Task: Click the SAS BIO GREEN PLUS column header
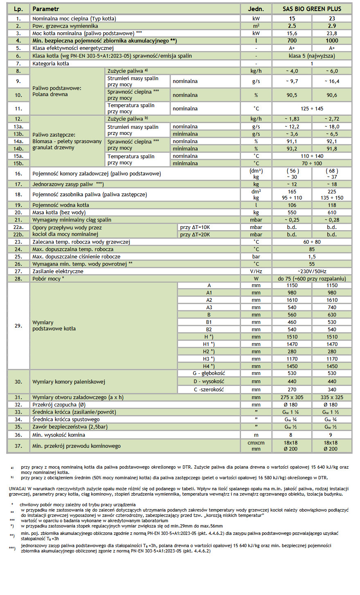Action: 312,9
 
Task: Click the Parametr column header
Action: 46,9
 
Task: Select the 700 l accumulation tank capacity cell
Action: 292,40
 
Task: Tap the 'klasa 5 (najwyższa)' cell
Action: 312,56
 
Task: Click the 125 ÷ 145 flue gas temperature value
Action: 312,108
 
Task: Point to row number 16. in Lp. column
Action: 18,173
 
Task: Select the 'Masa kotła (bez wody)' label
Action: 59,212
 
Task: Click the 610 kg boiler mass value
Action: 332,212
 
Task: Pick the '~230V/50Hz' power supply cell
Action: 312,271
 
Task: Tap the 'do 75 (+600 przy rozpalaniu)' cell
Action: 312,278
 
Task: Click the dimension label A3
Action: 209,307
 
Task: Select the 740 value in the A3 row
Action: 332,307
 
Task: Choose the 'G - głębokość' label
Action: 209,373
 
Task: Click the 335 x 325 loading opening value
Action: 332,397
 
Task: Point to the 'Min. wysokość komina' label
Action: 59,435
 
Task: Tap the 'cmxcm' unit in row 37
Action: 256,442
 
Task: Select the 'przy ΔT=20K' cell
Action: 195,234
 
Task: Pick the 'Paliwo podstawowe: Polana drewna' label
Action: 57,91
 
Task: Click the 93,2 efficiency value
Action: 292,148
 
